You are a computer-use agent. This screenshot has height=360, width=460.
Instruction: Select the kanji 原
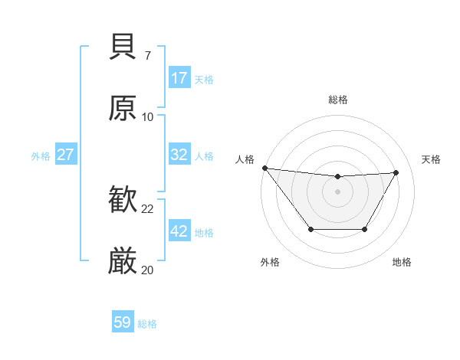coord(123,108)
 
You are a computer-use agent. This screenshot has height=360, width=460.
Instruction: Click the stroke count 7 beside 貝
coord(147,56)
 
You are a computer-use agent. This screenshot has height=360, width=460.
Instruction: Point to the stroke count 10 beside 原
coord(147,116)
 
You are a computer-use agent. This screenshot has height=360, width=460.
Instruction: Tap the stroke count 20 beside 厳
coord(147,270)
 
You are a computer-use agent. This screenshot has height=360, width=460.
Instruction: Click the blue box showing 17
coord(179,78)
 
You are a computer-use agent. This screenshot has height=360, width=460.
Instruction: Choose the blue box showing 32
coord(179,155)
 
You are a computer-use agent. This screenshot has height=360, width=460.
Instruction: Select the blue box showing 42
coord(179,231)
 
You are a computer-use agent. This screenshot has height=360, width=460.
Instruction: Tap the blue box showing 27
coord(65,155)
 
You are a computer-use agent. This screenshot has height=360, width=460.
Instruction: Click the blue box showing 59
coord(123,322)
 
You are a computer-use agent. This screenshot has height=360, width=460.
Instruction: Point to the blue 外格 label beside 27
coord(41,156)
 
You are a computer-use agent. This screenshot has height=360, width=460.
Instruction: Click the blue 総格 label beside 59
coord(148,324)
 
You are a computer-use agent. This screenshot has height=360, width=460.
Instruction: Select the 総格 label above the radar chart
coord(338,100)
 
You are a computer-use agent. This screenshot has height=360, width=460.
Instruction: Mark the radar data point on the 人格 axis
coord(264,167)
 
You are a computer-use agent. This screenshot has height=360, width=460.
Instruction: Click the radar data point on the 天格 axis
coord(396,172)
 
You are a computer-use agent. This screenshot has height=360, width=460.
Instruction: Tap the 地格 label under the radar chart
coord(402,263)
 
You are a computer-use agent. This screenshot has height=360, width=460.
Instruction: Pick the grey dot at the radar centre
coord(337,191)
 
